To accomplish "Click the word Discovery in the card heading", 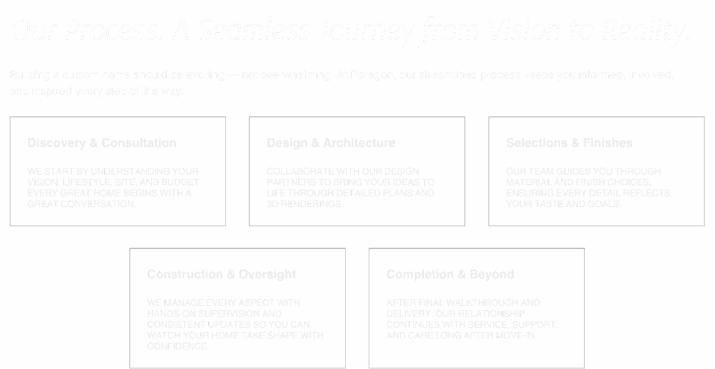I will (55, 143).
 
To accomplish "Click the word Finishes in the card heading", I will (607, 143).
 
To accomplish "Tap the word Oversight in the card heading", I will (268, 275).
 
